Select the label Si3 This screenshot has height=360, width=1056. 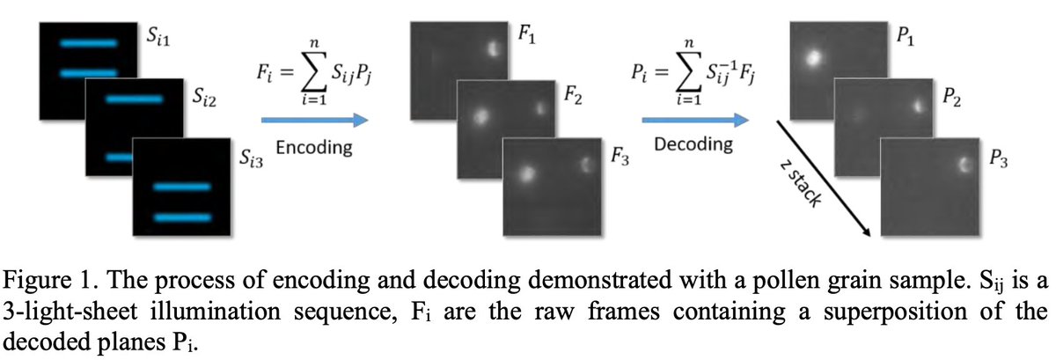coord(251,159)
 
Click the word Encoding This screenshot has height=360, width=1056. coord(314,149)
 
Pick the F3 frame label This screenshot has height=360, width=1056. coord(620,157)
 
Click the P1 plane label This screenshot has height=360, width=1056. coord(904,36)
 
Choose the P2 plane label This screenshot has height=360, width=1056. coord(951,94)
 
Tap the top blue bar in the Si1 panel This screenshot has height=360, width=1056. coord(88,42)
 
